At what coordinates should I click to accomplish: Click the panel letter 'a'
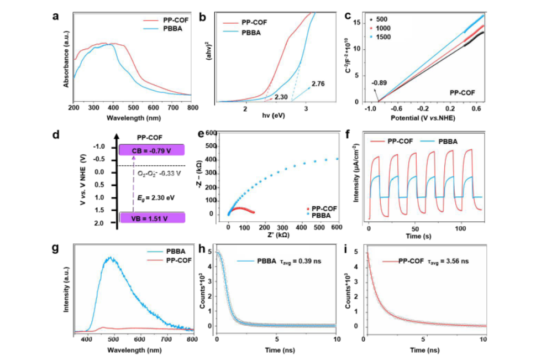click(56, 16)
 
